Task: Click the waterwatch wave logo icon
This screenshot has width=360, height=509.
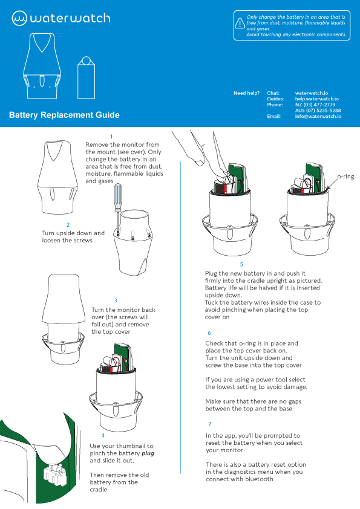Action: (19, 18)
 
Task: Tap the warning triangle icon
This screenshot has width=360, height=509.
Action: (240, 24)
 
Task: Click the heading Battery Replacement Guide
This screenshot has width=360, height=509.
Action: (64, 115)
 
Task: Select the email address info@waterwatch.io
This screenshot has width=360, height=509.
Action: (318, 116)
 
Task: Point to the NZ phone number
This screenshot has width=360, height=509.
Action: (315, 105)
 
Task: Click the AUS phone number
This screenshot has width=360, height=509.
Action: (318, 111)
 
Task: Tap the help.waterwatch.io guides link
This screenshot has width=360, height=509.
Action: (317, 99)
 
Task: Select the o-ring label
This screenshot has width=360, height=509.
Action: (345, 177)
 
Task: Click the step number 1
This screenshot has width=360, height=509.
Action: (111, 137)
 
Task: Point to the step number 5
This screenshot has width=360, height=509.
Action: (241, 265)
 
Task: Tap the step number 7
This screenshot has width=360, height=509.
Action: (210, 424)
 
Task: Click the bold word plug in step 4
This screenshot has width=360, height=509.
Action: (148, 453)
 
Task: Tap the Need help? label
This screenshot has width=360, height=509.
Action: (247, 93)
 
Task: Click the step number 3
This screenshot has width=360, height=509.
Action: (116, 301)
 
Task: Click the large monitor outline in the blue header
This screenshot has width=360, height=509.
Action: (42, 66)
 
